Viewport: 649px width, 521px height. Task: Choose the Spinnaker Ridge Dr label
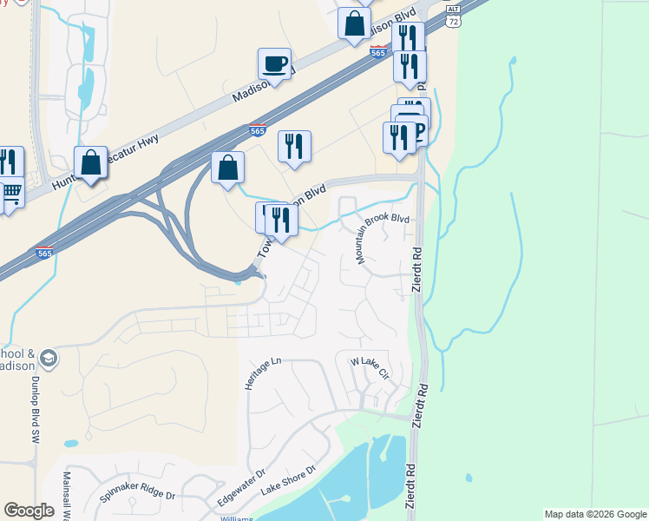pyautogui.click(x=137, y=494)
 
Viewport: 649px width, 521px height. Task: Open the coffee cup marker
pyautogui.click(x=274, y=64)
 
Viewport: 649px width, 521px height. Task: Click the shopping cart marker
pyautogui.click(x=10, y=193)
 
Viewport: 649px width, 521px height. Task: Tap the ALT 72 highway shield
pyautogui.click(x=452, y=14)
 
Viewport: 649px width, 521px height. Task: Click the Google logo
pyautogui.click(x=29, y=511)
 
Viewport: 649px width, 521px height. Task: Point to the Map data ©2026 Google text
pyautogui.click(x=595, y=514)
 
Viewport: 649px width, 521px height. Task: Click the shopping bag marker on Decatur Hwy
pyautogui.click(x=90, y=162)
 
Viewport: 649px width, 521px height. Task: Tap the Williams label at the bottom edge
pyautogui.click(x=236, y=518)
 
